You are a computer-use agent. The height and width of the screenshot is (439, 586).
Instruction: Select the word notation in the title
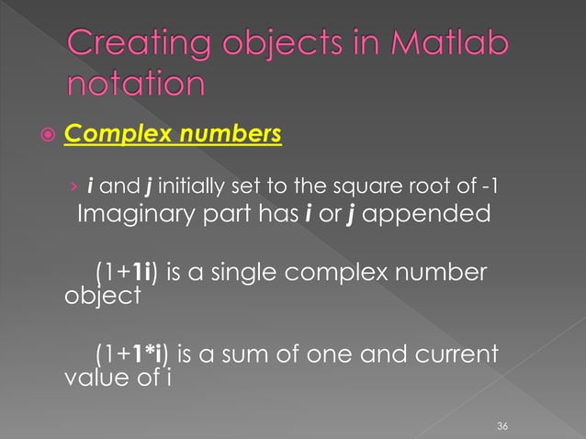[135, 85]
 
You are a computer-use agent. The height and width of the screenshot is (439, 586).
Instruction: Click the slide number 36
[501, 426]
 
